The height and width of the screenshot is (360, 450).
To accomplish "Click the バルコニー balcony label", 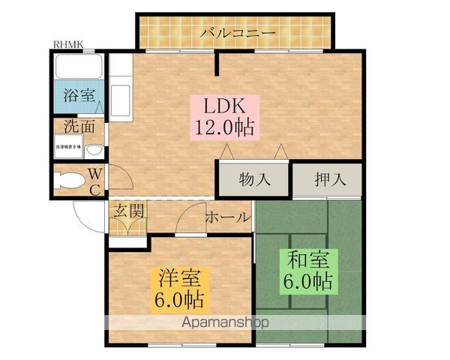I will point(238,33).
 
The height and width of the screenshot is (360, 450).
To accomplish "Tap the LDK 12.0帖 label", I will point(226,116).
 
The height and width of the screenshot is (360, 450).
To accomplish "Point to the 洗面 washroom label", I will point(79,126).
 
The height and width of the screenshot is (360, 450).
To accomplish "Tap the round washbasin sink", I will point(93,150).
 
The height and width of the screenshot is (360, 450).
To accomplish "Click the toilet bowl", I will point(69,181).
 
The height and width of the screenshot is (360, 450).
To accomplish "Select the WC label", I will point(95,181).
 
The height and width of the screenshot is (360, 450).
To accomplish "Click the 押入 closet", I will point(327,180).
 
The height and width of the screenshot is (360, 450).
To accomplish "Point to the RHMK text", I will point(68,44).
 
